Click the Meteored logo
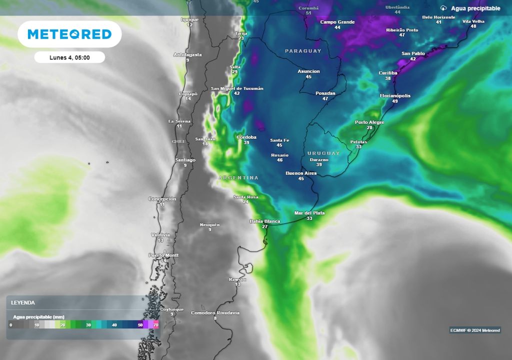(69, 34)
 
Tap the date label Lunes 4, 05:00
(69, 57)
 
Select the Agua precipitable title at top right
(475, 8)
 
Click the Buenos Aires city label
(301, 173)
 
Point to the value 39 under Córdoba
(246, 142)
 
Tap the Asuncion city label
(308, 71)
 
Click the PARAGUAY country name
(303, 51)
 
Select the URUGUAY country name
(323, 153)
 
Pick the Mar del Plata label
(309, 213)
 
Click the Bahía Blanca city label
(265, 221)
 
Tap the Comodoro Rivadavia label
(215, 313)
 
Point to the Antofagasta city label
(187, 54)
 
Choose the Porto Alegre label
(369, 122)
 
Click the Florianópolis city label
(395, 95)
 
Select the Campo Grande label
(337, 22)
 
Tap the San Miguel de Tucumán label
(237, 88)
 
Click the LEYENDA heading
(23, 302)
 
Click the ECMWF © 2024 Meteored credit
(475, 330)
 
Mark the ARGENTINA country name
(238, 177)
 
